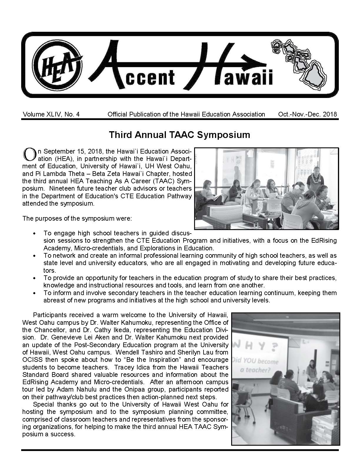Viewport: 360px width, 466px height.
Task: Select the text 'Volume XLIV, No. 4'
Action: pyautogui.click(x=51, y=114)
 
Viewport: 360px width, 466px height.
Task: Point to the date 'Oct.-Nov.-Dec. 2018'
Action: pyautogui.click(x=307, y=114)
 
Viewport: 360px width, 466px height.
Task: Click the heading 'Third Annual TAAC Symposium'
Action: pyautogui.click(x=179, y=135)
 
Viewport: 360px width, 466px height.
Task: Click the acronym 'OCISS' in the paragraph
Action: pyautogui.click(x=32, y=360)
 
